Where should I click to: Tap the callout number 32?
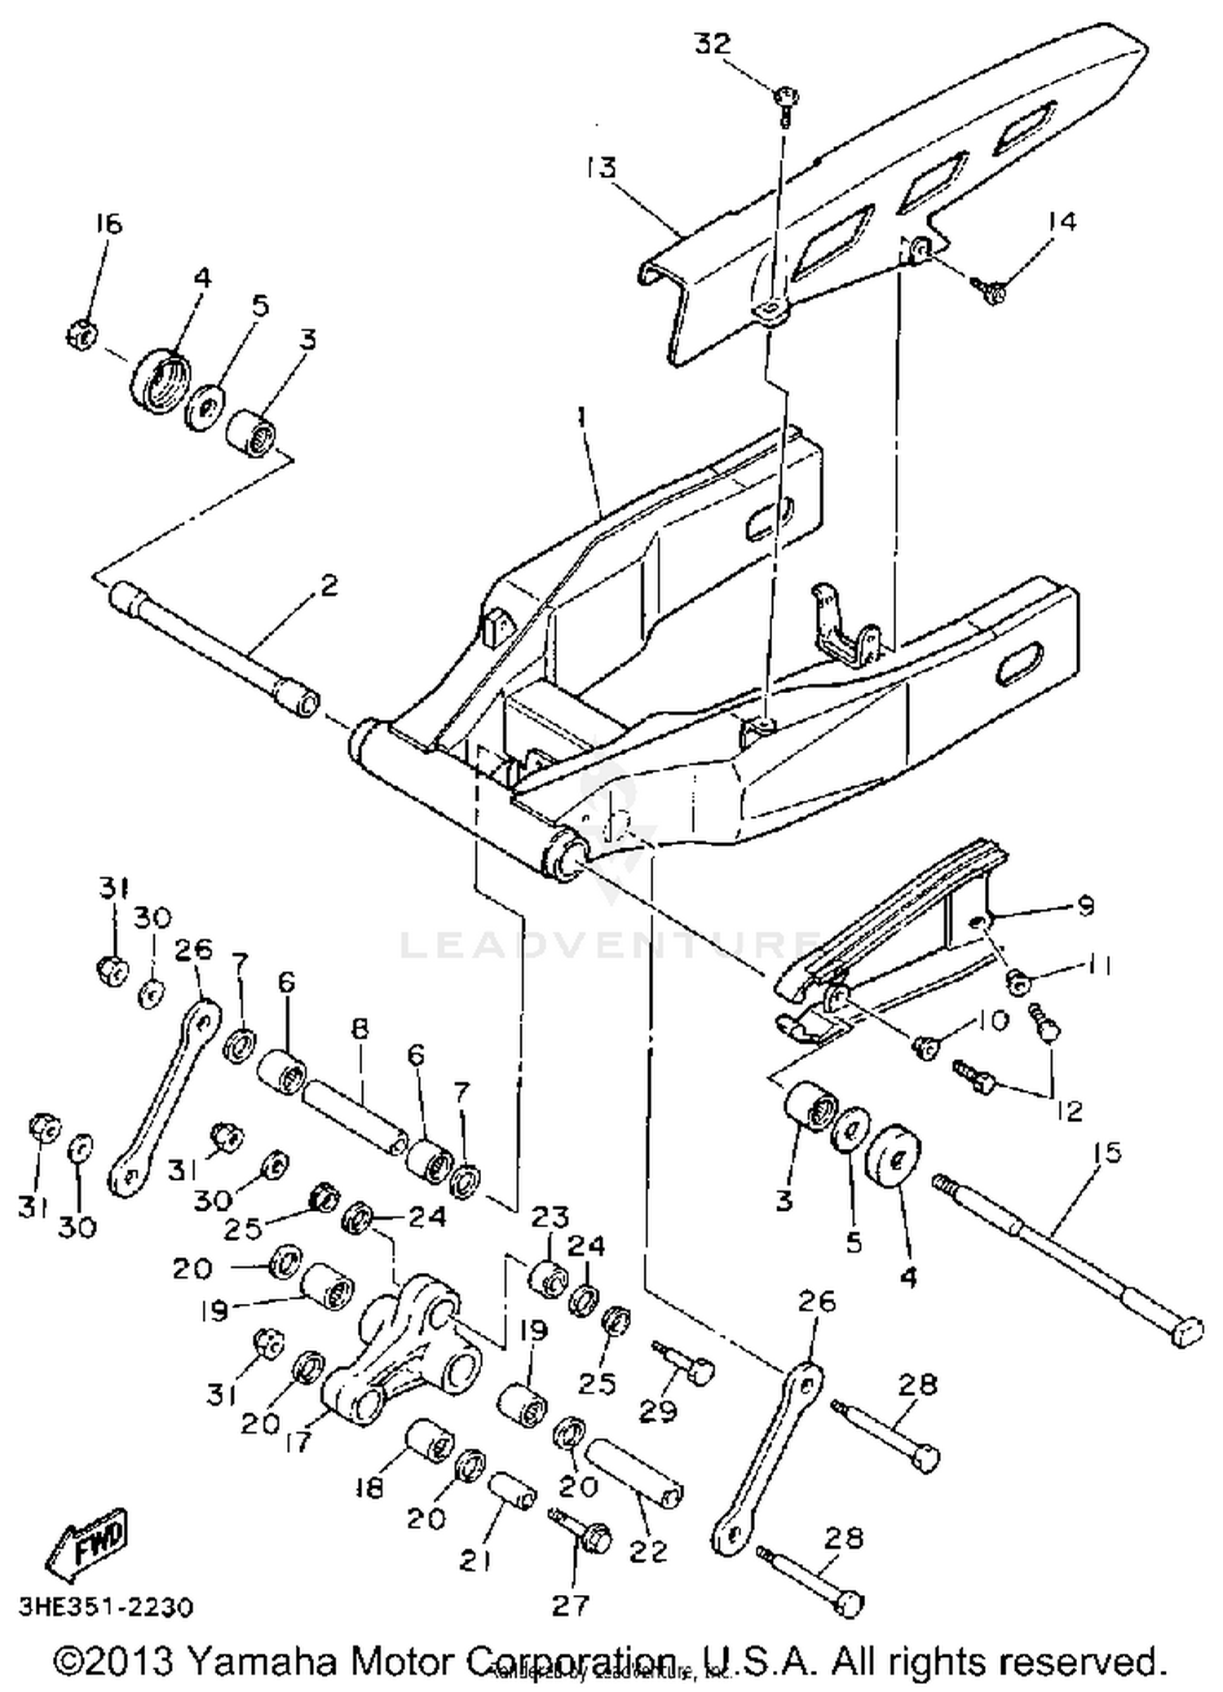pyautogui.click(x=713, y=43)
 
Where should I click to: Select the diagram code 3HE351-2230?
pyautogui.click(x=106, y=1607)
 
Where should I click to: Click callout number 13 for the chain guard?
pyautogui.click(x=601, y=167)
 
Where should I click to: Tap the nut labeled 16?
pyautogui.click(x=81, y=334)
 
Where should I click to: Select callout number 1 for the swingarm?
pyautogui.click(x=581, y=417)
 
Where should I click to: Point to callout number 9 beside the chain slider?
pyautogui.click(x=1085, y=906)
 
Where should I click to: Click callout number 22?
pyautogui.click(x=648, y=1550)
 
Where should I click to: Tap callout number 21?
pyautogui.click(x=475, y=1561)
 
